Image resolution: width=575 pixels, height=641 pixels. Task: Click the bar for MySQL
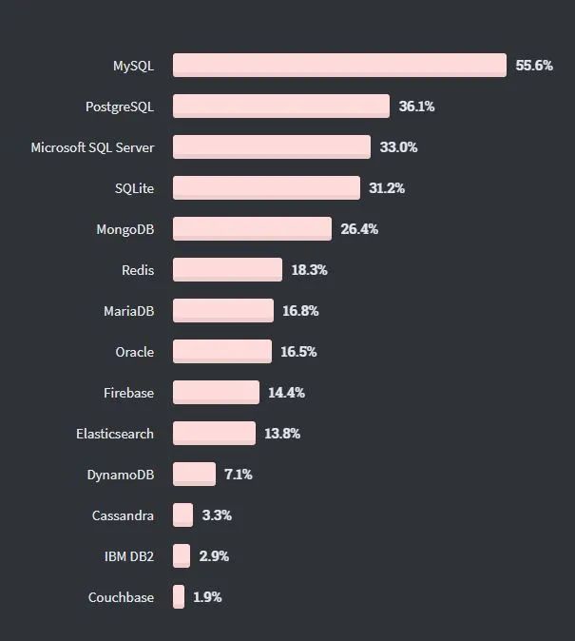[x=339, y=65]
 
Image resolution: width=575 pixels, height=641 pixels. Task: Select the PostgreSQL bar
[x=281, y=106]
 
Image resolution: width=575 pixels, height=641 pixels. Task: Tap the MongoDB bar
[x=252, y=228]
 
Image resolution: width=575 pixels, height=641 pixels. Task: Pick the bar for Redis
[x=227, y=269]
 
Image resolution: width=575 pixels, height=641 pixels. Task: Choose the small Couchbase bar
[x=179, y=596]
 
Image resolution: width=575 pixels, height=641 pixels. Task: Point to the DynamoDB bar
[x=194, y=474]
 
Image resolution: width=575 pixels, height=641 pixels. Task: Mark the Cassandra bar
[x=182, y=515]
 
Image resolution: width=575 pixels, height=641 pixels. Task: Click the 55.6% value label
[x=534, y=66]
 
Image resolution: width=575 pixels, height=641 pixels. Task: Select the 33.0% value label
[x=398, y=147]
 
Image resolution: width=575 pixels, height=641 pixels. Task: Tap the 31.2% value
[x=387, y=188]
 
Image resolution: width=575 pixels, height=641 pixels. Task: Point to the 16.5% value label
[x=298, y=352]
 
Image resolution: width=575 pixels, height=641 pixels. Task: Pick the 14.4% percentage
[x=286, y=393]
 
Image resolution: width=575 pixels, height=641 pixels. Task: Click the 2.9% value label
[x=214, y=555]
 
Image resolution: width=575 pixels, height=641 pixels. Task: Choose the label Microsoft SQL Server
[x=92, y=147]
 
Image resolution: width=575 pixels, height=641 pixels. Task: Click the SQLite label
[x=134, y=188]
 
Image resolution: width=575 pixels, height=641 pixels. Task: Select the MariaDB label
[x=128, y=311]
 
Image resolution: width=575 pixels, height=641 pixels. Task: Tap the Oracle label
[x=134, y=352]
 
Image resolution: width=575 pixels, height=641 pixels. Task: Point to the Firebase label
[x=128, y=393]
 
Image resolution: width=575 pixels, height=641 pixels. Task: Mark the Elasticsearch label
[x=115, y=434]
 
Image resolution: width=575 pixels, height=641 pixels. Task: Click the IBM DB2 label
[x=128, y=555]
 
